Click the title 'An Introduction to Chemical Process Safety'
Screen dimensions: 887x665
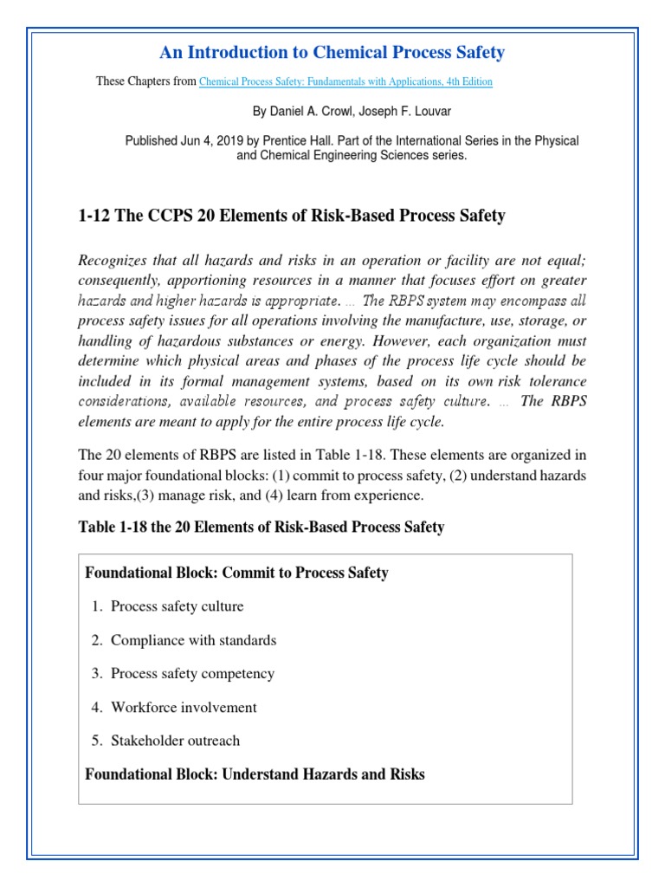click(332, 53)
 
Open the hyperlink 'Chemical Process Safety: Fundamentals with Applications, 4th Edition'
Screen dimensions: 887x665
click(345, 82)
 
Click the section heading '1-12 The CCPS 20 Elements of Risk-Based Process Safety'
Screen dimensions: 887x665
click(291, 216)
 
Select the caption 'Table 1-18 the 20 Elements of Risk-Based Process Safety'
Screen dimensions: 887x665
click(261, 528)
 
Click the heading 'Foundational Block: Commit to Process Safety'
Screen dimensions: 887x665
click(236, 573)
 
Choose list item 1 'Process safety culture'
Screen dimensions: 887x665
click(177, 606)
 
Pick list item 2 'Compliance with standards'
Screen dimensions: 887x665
click(193, 640)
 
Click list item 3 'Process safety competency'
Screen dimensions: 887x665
click(192, 674)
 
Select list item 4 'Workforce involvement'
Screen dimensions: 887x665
click(184, 708)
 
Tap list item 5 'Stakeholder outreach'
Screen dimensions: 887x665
click(175, 741)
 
